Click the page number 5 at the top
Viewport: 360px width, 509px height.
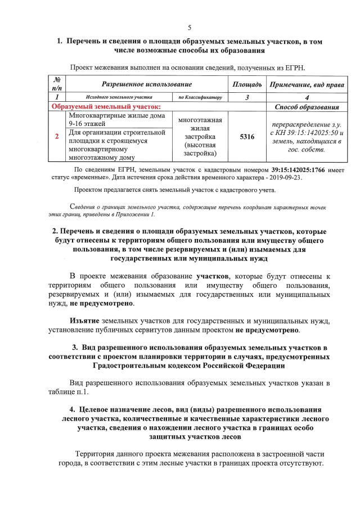(x=190, y=28)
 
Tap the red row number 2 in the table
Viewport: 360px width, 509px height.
(x=57, y=137)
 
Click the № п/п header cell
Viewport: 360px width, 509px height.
(x=57, y=84)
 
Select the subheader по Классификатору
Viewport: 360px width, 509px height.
(x=200, y=97)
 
